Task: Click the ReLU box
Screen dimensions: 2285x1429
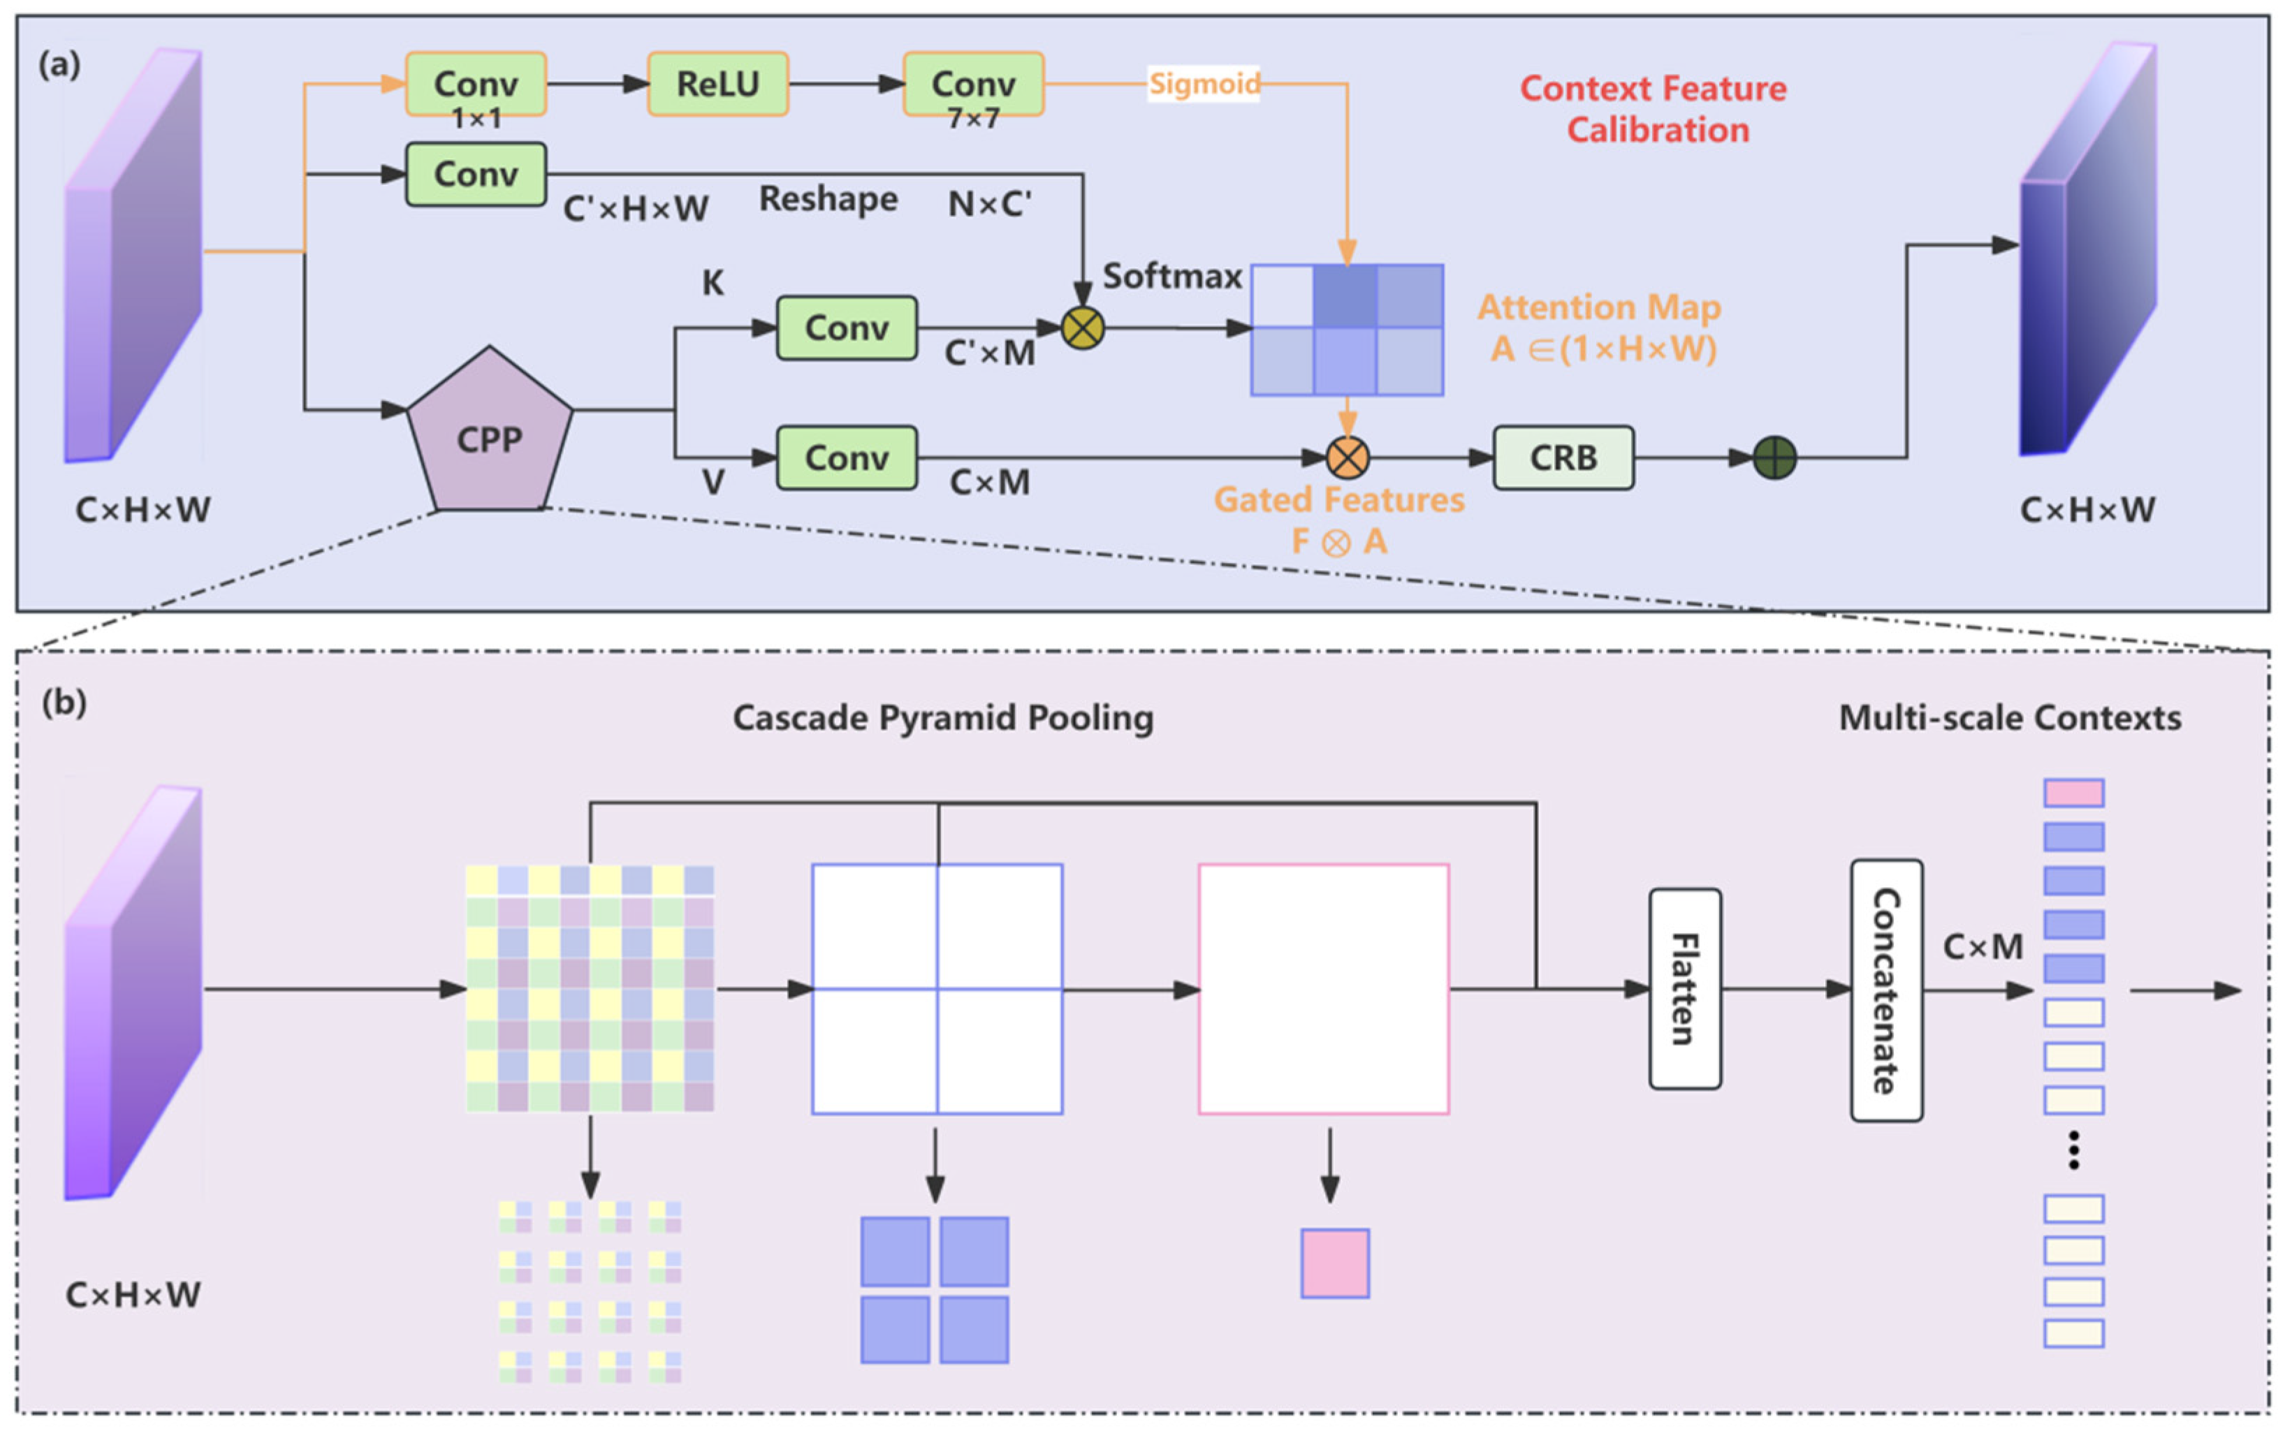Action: [717, 84]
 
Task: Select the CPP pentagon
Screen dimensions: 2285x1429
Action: [490, 430]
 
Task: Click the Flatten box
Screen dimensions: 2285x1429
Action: [1685, 988]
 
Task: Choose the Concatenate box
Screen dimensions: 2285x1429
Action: [1886, 990]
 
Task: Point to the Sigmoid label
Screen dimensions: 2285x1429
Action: [1204, 83]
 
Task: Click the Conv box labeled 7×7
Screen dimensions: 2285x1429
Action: [973, 84]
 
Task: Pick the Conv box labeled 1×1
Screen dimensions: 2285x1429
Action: [476, 84]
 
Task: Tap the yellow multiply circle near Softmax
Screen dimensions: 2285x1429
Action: [1083, 328]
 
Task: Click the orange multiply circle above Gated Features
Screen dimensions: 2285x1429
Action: [1348, 457]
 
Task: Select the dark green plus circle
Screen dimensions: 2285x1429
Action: [1775, 457]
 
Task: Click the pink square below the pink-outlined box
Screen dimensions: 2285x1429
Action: [1334, 1263]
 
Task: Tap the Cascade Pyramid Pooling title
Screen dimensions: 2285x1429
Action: [943, 717]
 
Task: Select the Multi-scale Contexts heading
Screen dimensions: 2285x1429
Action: [2010, 717]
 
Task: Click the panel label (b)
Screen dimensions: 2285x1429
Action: [64, 702]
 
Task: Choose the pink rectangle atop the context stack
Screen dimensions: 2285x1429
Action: [2073, 792]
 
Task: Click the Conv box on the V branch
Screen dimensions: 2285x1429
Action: [847, 457]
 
